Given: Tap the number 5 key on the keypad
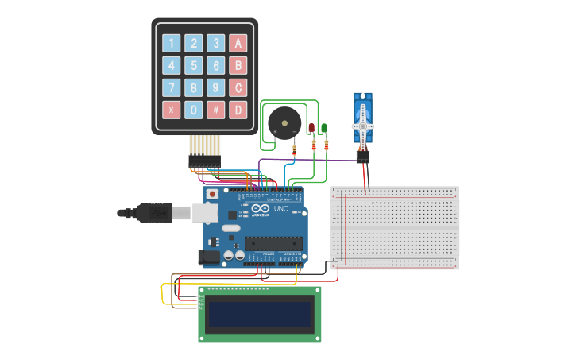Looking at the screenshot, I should coord(193,65).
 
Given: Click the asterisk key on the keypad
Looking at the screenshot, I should coord(171,110).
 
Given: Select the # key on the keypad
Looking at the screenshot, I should coord(215,110).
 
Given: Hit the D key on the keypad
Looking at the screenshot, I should coord(238,110).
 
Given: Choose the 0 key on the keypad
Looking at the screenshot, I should coord(193,110).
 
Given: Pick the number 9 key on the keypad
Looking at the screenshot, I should coord(215,87).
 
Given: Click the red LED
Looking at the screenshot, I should coord(312,128).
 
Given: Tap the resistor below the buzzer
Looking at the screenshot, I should coord(296,149).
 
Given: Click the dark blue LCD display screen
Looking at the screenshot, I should coord(259,315).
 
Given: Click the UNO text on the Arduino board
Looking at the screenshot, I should coord(283,208).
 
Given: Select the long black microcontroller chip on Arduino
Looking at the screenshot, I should coord(273,242).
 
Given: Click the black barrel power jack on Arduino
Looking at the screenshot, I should coord(209,257).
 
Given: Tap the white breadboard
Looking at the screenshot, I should coord(395,228).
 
